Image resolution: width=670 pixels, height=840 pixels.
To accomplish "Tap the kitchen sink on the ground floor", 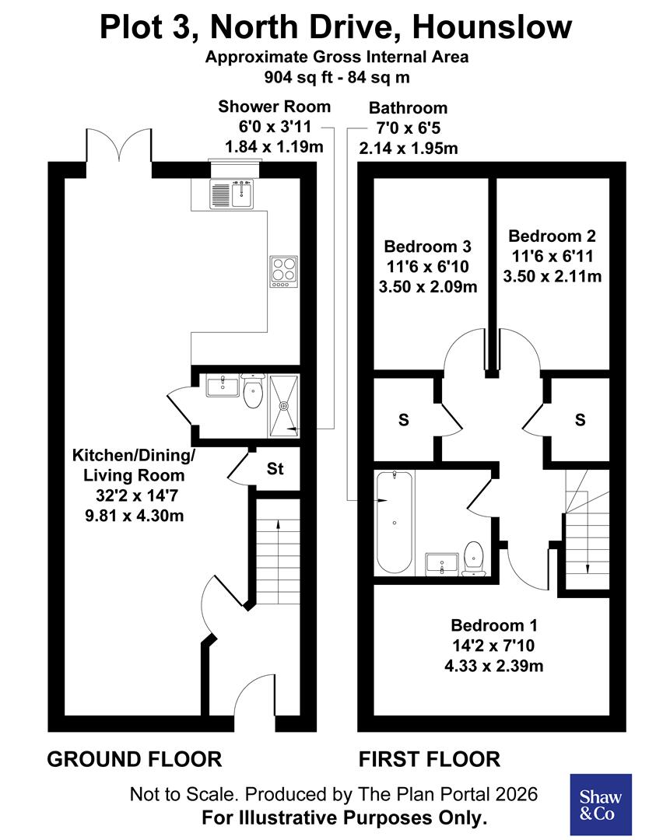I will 231,194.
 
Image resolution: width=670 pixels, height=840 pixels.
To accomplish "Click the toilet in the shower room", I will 252,392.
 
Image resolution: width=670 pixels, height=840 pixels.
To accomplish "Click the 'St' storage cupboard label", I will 275,470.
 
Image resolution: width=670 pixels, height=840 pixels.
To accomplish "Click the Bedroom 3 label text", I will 428,247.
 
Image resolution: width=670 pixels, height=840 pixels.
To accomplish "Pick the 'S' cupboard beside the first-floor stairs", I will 580,420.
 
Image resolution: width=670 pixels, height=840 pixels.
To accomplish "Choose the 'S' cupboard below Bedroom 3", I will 403,420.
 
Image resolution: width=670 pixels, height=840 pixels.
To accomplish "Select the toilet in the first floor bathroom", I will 473,558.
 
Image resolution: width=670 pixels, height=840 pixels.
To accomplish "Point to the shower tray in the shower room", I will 285,404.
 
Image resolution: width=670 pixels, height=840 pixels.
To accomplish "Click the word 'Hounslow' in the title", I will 493,29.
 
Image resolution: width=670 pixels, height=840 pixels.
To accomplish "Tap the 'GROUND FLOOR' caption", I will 135,758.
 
